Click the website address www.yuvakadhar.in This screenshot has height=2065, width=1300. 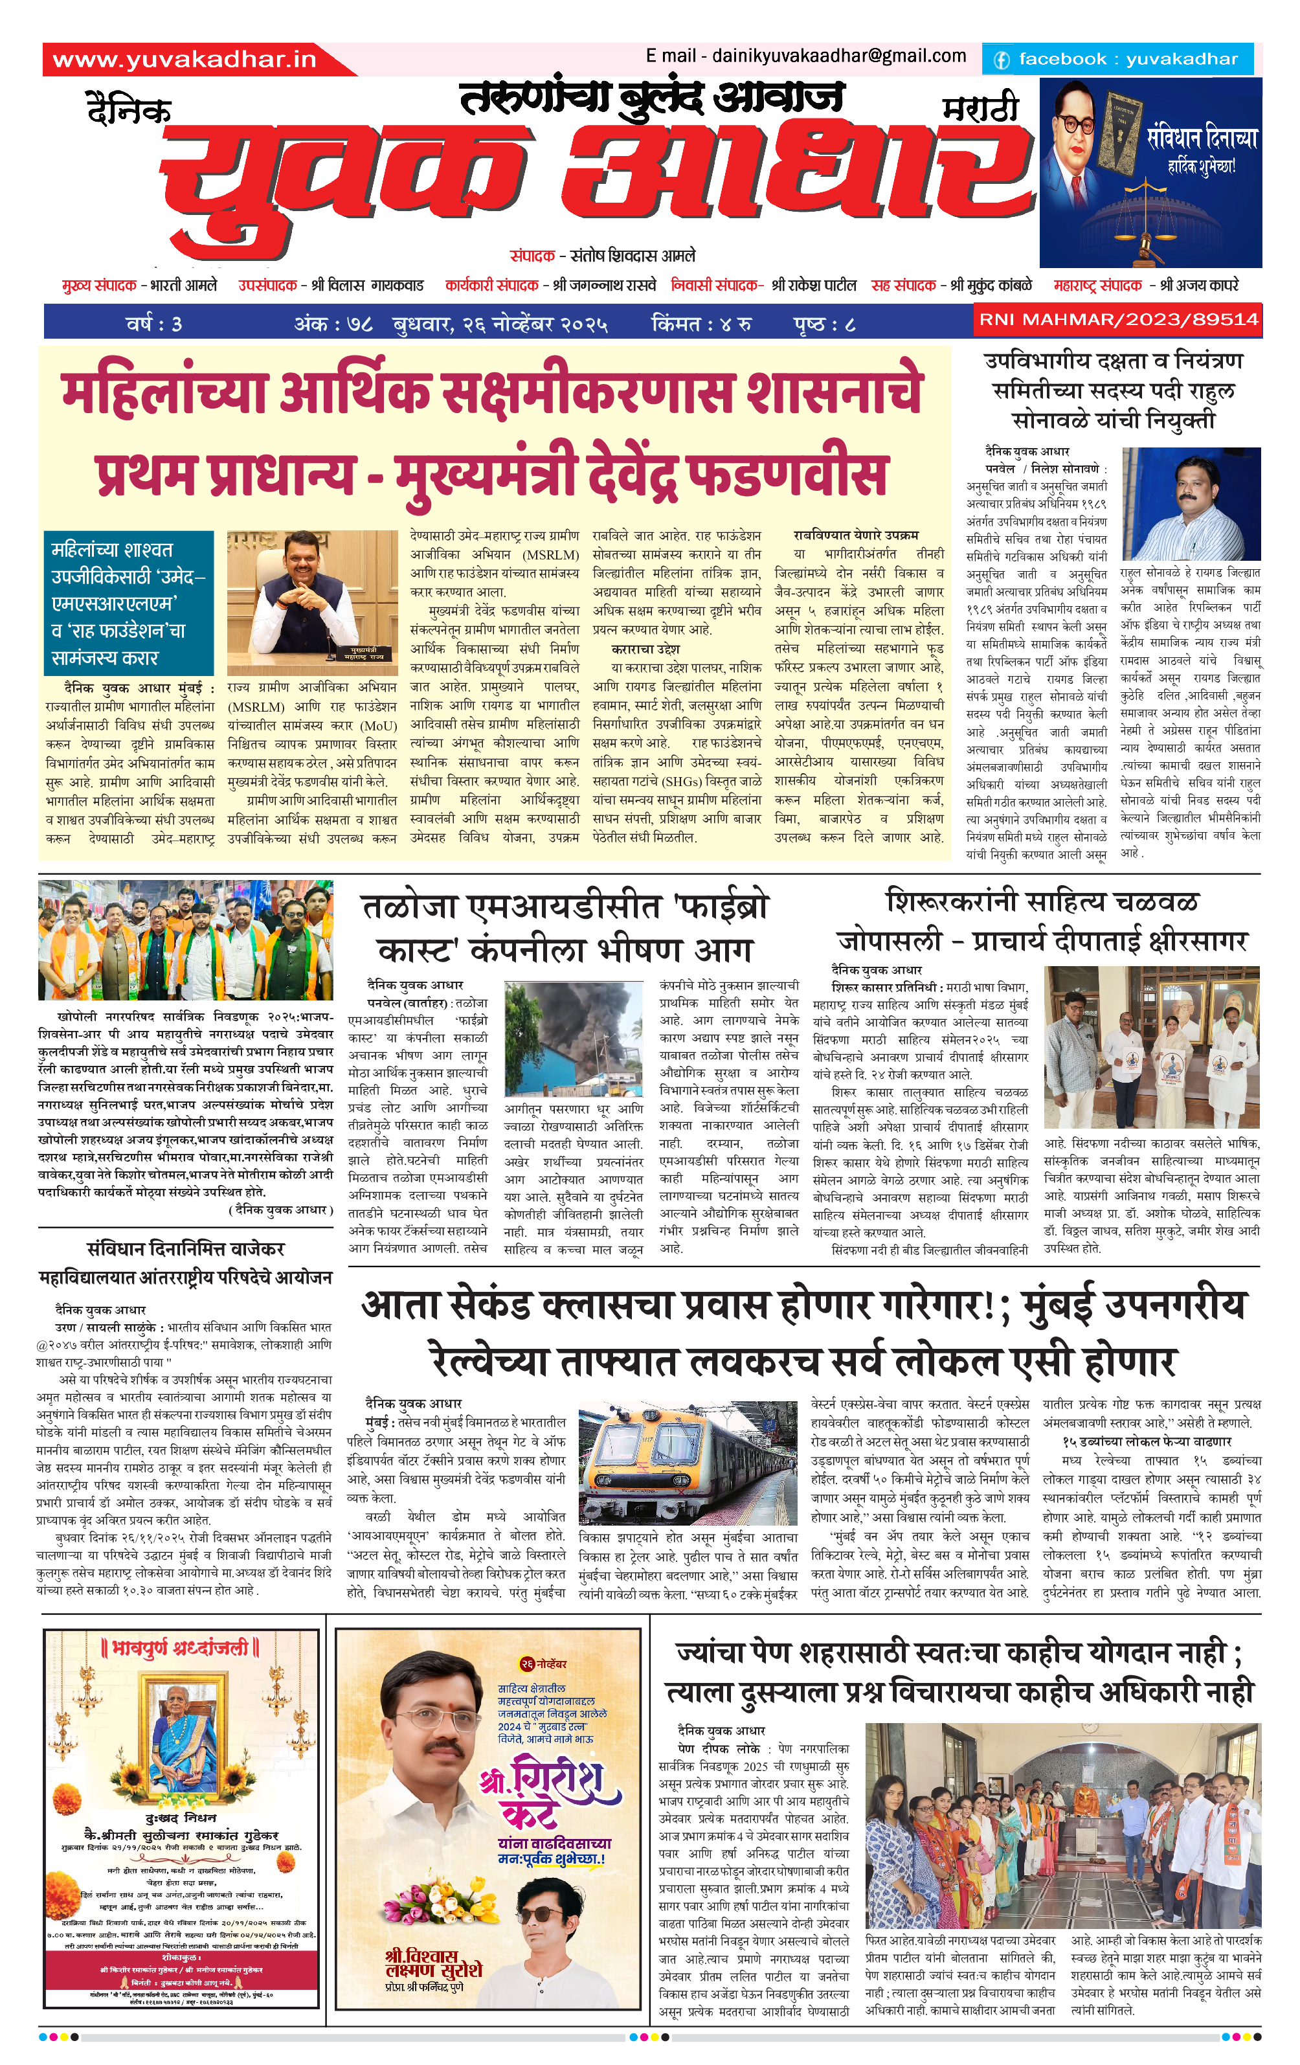pyautogui.click(x=185, y=59)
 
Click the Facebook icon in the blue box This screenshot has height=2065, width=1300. pyautogui.click(x=1001, y=60)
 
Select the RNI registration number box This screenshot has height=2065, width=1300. pyautogui.click(x=1118, y=320)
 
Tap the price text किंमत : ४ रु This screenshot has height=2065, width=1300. pyautogui.click(x=701, y=324)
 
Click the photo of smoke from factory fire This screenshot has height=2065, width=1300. pyautogui.click(x=574, y=1039)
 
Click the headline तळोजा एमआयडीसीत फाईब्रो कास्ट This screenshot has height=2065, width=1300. pyautogui.click(x=565, y=929)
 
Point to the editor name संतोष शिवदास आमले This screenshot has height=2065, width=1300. pyautogui.click(x=633, y=256)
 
